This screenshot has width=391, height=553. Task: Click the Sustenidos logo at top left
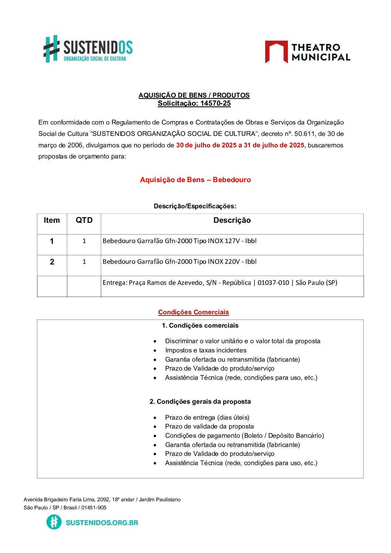pos(88,49)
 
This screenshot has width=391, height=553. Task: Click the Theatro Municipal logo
pos(307,52)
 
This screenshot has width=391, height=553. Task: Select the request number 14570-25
pos(215,103)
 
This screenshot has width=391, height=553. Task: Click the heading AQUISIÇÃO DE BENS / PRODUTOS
pos(194,95)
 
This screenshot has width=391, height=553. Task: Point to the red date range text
pos(241,145)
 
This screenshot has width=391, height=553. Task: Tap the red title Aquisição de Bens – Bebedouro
pos(195,180)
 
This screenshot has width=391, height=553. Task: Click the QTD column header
pos(84,221)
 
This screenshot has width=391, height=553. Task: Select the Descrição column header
pos(232,221)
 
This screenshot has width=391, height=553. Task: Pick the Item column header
pos(52,221)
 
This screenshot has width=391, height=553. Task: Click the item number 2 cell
pos(52,262)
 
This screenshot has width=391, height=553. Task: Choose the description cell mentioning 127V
pos(179,241)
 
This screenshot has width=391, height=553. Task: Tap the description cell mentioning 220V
pos(179,262)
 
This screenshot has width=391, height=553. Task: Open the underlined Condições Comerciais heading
pos(193,312)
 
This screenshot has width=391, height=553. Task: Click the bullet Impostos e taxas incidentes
pos(205,350)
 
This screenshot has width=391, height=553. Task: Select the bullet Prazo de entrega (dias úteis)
pos(207,417)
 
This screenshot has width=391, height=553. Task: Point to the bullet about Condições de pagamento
pos(244,436)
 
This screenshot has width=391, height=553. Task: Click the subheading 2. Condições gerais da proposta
pos(200,402)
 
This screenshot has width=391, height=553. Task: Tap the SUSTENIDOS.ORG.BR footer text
pos(102,522)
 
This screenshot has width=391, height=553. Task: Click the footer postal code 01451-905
pos(94,508)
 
